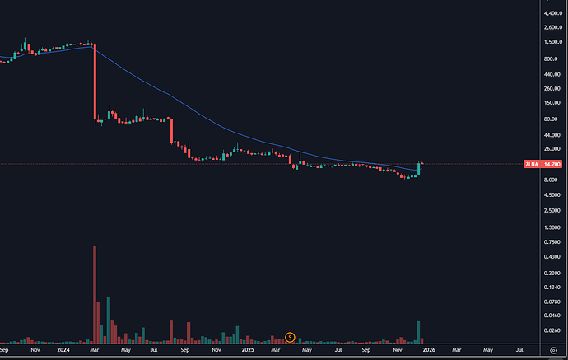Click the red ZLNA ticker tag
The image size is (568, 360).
click(531, 165)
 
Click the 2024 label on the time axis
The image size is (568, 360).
click(63, 349)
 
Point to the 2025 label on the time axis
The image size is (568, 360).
click(248, 349)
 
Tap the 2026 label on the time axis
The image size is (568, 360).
click(430, 349)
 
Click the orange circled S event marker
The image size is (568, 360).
click(289, 336)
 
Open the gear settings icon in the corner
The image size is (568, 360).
click(552, 349)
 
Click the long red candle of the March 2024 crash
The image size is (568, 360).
click(95, 82)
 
